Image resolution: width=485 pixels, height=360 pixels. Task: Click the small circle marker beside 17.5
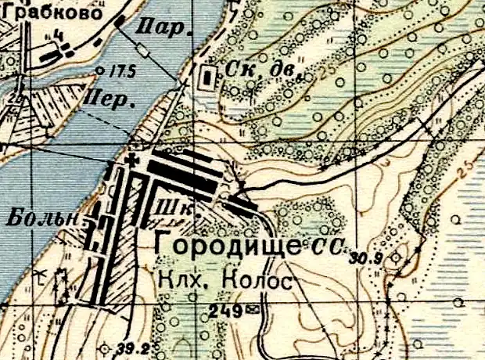[100, 70]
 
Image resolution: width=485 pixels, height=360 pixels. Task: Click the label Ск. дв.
[257, 70]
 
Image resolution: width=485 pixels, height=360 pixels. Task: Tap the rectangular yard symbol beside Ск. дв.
[207, 78]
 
